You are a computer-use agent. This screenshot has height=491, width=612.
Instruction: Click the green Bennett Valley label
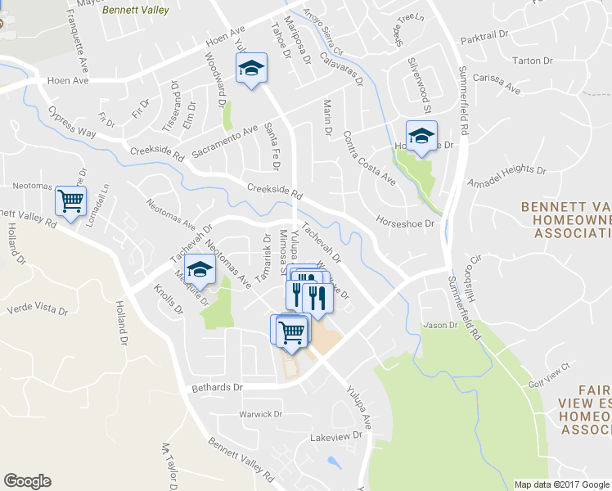pos(136,11)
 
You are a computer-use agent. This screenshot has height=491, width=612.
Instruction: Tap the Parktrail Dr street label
pos(484,38)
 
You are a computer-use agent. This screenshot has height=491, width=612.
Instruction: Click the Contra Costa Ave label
pos(370,157)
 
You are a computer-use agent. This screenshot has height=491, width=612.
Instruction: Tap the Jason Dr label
pos(440,325)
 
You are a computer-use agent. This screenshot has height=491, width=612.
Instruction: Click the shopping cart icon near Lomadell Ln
pos(71,200)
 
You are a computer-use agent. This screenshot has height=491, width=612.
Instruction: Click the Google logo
pos(27,481)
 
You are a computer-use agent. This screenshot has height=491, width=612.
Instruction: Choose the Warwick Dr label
pos(260,415)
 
